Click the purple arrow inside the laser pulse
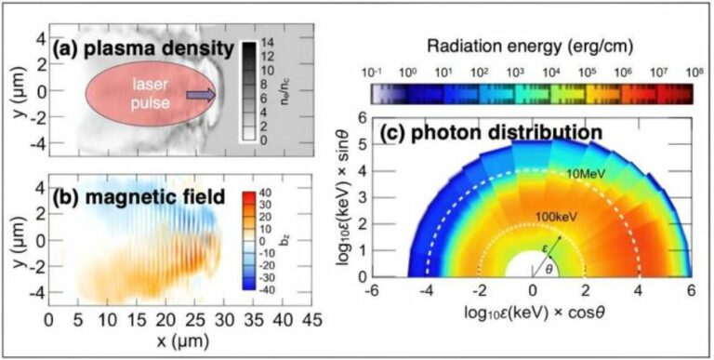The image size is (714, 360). (201, 95)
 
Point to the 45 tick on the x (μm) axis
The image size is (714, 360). (312, 319)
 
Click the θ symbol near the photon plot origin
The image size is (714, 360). (549, 270)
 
